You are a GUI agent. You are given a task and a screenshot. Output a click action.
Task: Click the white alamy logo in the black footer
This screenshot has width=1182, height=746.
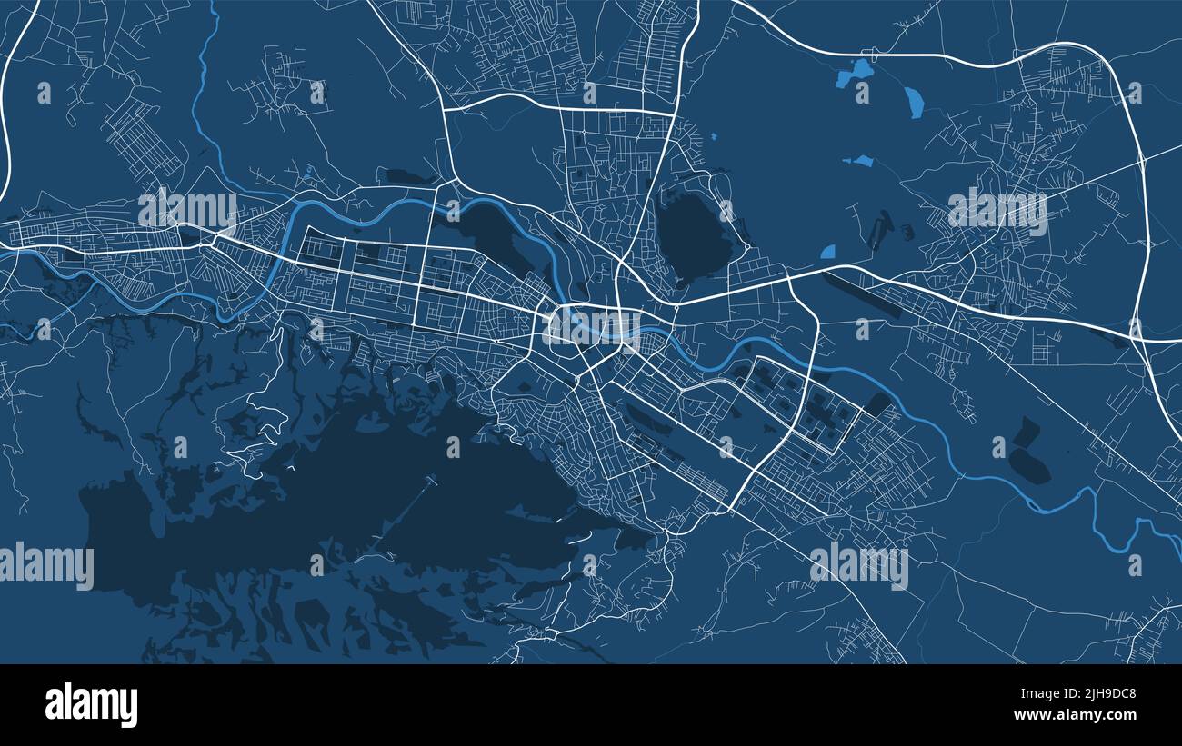[x=92, y=705]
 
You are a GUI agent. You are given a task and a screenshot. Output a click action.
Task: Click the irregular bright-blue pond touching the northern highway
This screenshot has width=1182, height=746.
[x=854, y=73]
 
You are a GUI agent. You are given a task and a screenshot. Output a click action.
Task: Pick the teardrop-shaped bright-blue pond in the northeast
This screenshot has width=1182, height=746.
[x=913, y=103]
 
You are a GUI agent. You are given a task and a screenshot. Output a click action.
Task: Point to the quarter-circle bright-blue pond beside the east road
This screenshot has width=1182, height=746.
[x=827, y=252]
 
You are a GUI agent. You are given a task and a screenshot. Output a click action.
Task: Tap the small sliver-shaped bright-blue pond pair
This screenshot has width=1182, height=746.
[x=858, y=161]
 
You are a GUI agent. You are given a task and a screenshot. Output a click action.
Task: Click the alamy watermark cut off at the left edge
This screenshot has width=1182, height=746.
[x=46, y=565]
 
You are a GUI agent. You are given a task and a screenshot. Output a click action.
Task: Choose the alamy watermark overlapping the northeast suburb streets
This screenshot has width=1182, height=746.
[x=997, y=210]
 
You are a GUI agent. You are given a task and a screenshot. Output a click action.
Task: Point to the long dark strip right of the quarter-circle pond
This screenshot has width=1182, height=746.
[x=879, y=231]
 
